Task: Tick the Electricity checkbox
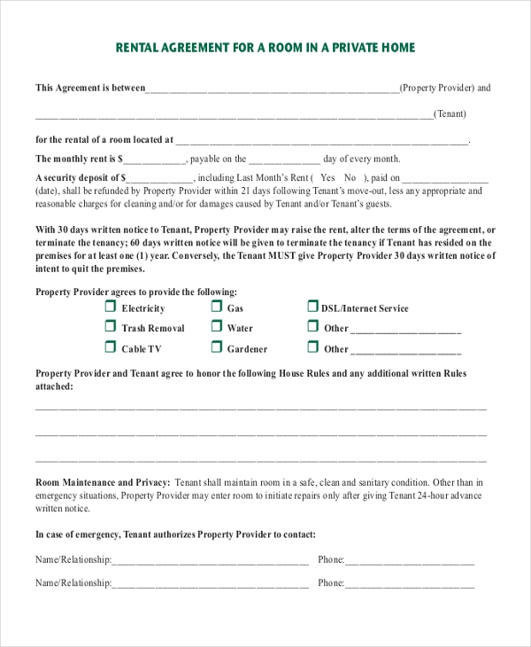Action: pyautogui.click(x=111, y=307)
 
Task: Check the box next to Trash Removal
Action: pyautogui.click(x=111, y=326)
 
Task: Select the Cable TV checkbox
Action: pyautogui.click(x=111, y=347)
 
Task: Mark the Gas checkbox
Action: pyautogui.click(x=217, y=307)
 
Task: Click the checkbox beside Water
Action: pyautogui.click(x=217, y=326)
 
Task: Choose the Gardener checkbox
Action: pyautogui.click(x=217, y=347)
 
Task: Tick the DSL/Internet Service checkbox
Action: pyautogui.click(x=312, y=307)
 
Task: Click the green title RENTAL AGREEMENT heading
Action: pyautogui.click(x=265, y=48)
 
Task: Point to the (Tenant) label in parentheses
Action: pyautogui.click(x=450, y=113)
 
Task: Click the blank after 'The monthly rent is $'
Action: pyautogui.click(x=155, y=160)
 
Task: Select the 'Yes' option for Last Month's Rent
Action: pyautogui.click(x=328, y=178)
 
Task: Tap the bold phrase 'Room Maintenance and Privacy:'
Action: pyautogui.click(x=103, y=482)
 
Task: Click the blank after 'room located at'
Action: pyautogui.click(x=322, y=141)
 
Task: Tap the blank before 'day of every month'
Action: pyautogui.click(x=284, y=160)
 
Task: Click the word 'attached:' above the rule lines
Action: pyautogui.click(x=54, y=386)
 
